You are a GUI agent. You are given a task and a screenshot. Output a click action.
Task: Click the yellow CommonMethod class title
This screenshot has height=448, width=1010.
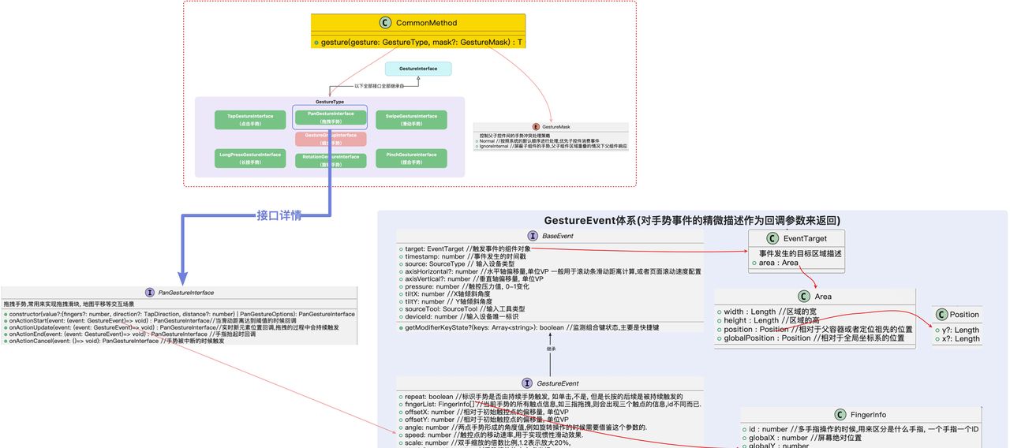pos(426,23)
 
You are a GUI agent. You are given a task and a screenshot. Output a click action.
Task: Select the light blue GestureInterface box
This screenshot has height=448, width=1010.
pos(418,69)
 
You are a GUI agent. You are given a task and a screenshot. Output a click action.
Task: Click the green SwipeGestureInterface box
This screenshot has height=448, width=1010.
pos(411,119)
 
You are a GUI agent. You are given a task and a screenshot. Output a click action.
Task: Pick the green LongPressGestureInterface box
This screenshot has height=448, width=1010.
pos(250,158)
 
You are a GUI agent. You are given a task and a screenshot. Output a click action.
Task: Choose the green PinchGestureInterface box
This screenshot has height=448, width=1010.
pos(411,158)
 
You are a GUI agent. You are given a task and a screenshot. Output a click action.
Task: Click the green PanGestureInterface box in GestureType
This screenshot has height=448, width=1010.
pos(331,117)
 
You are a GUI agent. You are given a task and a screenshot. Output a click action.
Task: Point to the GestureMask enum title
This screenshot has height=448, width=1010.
pos(555,127)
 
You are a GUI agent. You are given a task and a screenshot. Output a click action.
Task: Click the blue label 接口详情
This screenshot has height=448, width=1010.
pos(279,215)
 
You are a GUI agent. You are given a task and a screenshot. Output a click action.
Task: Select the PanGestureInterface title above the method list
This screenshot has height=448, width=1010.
pos(186,293)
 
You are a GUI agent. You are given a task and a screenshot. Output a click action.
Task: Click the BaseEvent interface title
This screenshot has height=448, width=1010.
pos(558,236)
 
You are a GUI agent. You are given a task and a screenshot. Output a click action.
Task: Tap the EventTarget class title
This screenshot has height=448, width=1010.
pos(805,238)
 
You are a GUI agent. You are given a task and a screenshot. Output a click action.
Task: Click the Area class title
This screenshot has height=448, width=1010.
pos(823,297)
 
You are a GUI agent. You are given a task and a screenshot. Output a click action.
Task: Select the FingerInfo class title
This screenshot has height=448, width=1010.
pos(868,414)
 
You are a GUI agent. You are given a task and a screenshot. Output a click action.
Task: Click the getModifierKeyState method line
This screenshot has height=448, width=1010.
pos(532,327)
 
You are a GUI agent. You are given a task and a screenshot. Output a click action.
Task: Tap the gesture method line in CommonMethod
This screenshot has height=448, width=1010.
pos(421,42)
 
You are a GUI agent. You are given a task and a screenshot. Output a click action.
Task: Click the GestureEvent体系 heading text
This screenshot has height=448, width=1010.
pos(692,220)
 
